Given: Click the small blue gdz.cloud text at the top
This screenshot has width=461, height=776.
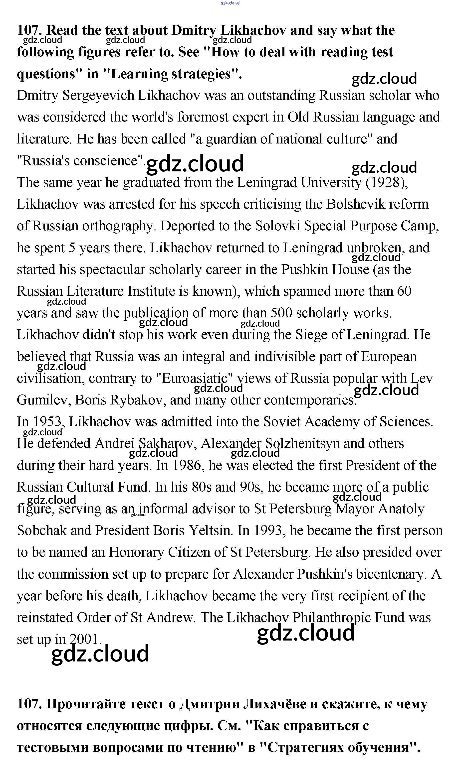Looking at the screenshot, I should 230,3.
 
